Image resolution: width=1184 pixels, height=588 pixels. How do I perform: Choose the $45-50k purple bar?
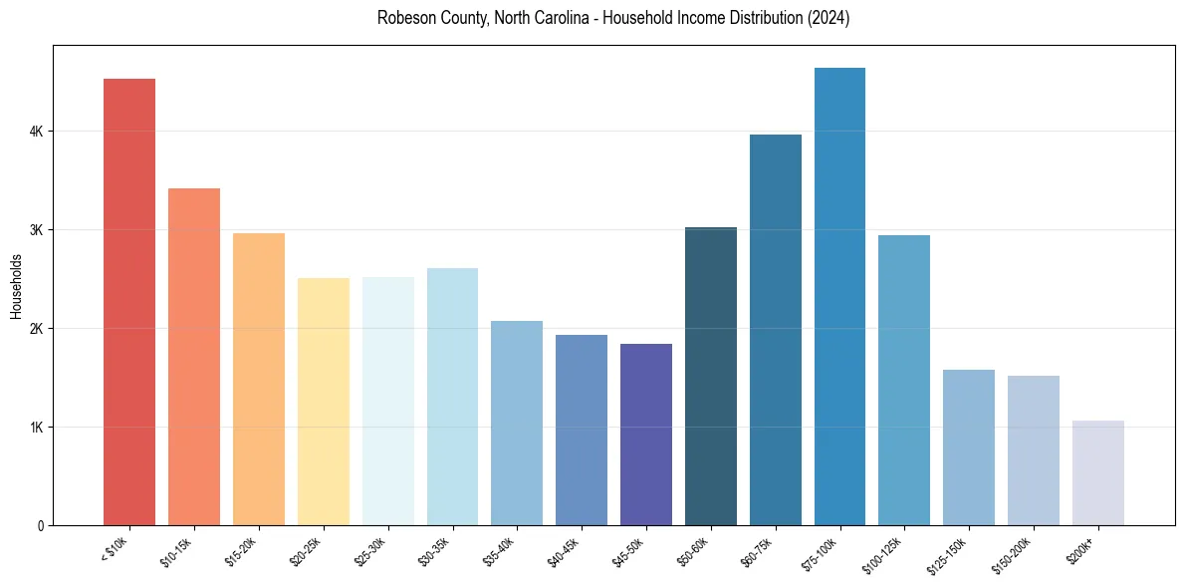coord(646,435)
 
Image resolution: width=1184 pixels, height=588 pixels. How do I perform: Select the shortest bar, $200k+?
coord(1098,473)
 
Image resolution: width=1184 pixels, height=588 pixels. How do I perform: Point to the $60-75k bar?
coord(776,330)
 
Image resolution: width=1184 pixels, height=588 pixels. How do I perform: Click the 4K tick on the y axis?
coord(37,132)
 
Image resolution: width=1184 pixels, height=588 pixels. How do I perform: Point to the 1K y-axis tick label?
coord(37,428)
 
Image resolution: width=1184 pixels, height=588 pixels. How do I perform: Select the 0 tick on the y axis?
coord(41,526)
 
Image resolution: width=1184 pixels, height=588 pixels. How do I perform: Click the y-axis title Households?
coord(16,286)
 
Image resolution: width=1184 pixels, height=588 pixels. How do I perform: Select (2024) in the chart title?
coord(829,18)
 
